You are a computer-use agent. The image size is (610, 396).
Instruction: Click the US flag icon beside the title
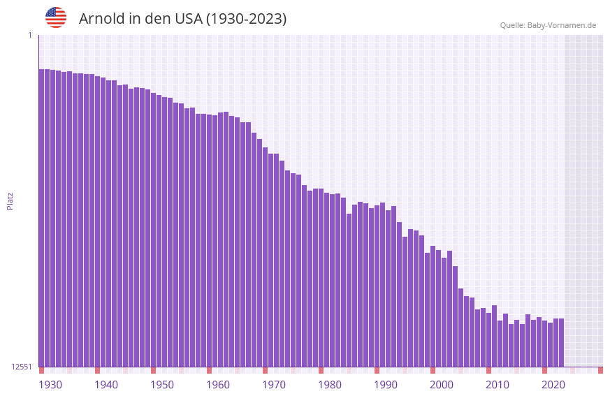(x=56, y=17)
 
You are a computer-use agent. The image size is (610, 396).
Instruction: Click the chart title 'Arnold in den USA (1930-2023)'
(x=182, y=19)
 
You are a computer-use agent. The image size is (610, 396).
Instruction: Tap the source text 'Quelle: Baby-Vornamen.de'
(x=548, y=25)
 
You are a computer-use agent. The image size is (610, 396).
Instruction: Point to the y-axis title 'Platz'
(x=10, y=200)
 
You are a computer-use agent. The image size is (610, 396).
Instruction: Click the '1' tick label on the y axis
(x=29, y=35)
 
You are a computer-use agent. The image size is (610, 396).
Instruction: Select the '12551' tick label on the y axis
(x=22, y=367)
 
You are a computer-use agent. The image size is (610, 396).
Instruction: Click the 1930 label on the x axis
(x=50, y=385)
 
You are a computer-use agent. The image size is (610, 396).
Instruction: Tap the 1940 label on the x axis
(x=106, y=385)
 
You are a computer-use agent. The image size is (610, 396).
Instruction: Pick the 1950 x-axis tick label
(x=162, y=385)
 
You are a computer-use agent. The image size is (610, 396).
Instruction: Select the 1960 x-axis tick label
(x=218, y=385)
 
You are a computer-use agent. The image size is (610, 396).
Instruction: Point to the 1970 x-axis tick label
(x=274, y=385)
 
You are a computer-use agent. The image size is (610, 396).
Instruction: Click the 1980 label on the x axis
(x=330, y=385)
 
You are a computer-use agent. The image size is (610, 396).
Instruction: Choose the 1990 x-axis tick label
(x=386, y=385)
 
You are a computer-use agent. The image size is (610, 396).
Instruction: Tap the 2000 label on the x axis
(x=442, y=385)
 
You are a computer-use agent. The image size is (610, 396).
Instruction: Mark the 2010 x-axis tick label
(x=498, y=385)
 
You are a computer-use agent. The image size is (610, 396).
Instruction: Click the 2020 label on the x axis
(x=553, y=385)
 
